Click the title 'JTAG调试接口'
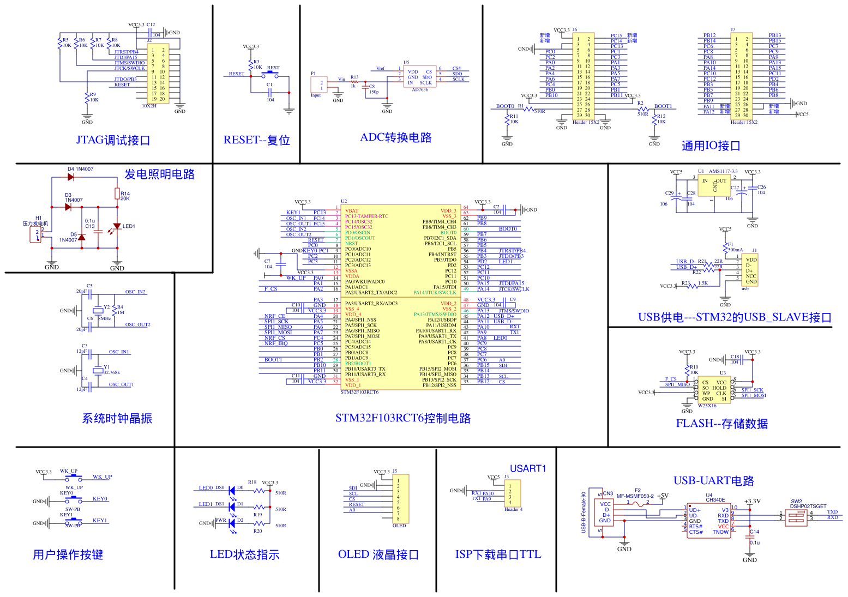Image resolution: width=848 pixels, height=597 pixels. [x=113, y=140]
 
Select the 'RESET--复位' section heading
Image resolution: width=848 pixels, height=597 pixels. [x=256, y=140]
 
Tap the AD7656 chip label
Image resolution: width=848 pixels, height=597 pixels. [x=420, y=90]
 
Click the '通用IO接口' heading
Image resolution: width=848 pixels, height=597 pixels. [x=711, y=146]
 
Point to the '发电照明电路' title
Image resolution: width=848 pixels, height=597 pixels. [x=159, y=174]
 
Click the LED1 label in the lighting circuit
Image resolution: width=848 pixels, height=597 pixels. [x=129, y=226]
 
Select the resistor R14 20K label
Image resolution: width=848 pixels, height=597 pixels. [x=125, y=196]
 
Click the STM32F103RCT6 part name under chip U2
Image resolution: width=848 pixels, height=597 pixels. [x=359, y=392]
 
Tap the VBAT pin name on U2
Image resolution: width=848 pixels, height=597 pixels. [x=352, y=210]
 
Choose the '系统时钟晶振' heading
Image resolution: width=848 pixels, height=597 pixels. [x=117, y=418]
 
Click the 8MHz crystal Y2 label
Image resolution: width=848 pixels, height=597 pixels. [x=105, y=318]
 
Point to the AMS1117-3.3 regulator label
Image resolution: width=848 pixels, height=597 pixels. [x=723, y=171]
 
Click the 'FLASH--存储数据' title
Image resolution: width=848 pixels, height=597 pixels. [x=721, y=424]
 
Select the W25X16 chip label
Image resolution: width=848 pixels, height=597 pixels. [x=707, y=406]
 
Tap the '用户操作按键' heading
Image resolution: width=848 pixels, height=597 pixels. [x=68, y=554]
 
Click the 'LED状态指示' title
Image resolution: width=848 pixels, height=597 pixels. [x=244, y=554]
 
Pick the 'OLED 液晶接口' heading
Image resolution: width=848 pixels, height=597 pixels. [x=378, y=554]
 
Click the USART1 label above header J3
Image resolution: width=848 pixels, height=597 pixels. [x=527, y=468]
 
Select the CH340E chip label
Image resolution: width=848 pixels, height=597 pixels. [x=715, y=499]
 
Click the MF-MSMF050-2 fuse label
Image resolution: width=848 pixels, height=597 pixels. [x=635, y=496]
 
